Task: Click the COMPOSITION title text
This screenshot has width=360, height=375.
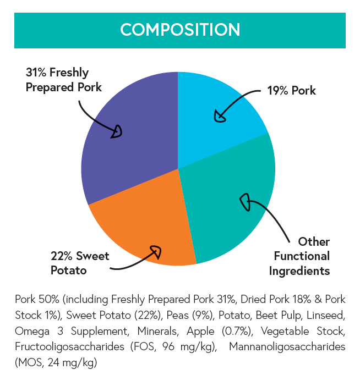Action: (x=180, y=29)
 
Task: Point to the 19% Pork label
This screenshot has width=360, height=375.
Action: (x=292, y=91)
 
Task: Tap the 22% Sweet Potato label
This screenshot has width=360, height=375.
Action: (x=80, y=263)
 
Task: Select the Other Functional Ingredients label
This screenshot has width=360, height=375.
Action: (x=302, y=256)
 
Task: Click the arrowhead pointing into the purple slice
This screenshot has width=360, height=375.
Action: (x=117, y=132)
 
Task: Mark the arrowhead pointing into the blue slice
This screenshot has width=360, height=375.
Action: (x=220, y=117)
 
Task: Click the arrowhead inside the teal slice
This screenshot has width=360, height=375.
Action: (x=244, y=202)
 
